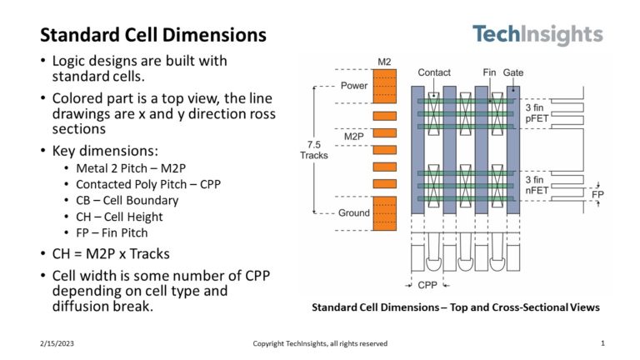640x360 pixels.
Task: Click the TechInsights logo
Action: pos(537,35)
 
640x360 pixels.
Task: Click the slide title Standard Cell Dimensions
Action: pos(153,35)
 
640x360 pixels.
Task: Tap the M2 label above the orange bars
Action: pos(384,62)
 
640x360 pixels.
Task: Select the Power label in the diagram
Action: pos(353,86)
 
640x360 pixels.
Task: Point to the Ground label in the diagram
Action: pos(353,213)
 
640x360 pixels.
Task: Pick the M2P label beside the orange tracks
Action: pos(355,135)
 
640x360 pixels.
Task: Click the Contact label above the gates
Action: pos(434,72)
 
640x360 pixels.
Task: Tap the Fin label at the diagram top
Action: pos(489,72)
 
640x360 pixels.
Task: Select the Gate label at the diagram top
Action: pos(513,72)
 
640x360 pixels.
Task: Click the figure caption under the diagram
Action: pos(455,307)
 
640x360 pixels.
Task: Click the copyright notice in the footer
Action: pos(320,343)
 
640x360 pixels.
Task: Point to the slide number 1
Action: pos(602,343)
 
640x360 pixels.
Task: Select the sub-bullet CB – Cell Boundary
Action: pos(127,200)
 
